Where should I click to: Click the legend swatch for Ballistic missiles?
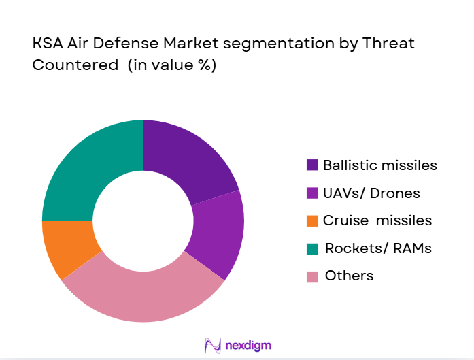[312, 165]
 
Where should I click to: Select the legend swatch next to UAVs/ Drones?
[312, 193]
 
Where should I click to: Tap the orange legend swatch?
[312, 220]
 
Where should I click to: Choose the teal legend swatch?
[312, 248]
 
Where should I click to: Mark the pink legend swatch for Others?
[312, 276]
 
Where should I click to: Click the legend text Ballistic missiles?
[379, 165]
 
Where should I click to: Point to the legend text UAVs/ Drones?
[371, 193]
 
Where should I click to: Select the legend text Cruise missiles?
[377, 220]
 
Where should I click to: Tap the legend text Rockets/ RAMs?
[378, 248]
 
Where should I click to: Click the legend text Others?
[349, 276]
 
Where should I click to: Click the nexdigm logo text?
[248, 345]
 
